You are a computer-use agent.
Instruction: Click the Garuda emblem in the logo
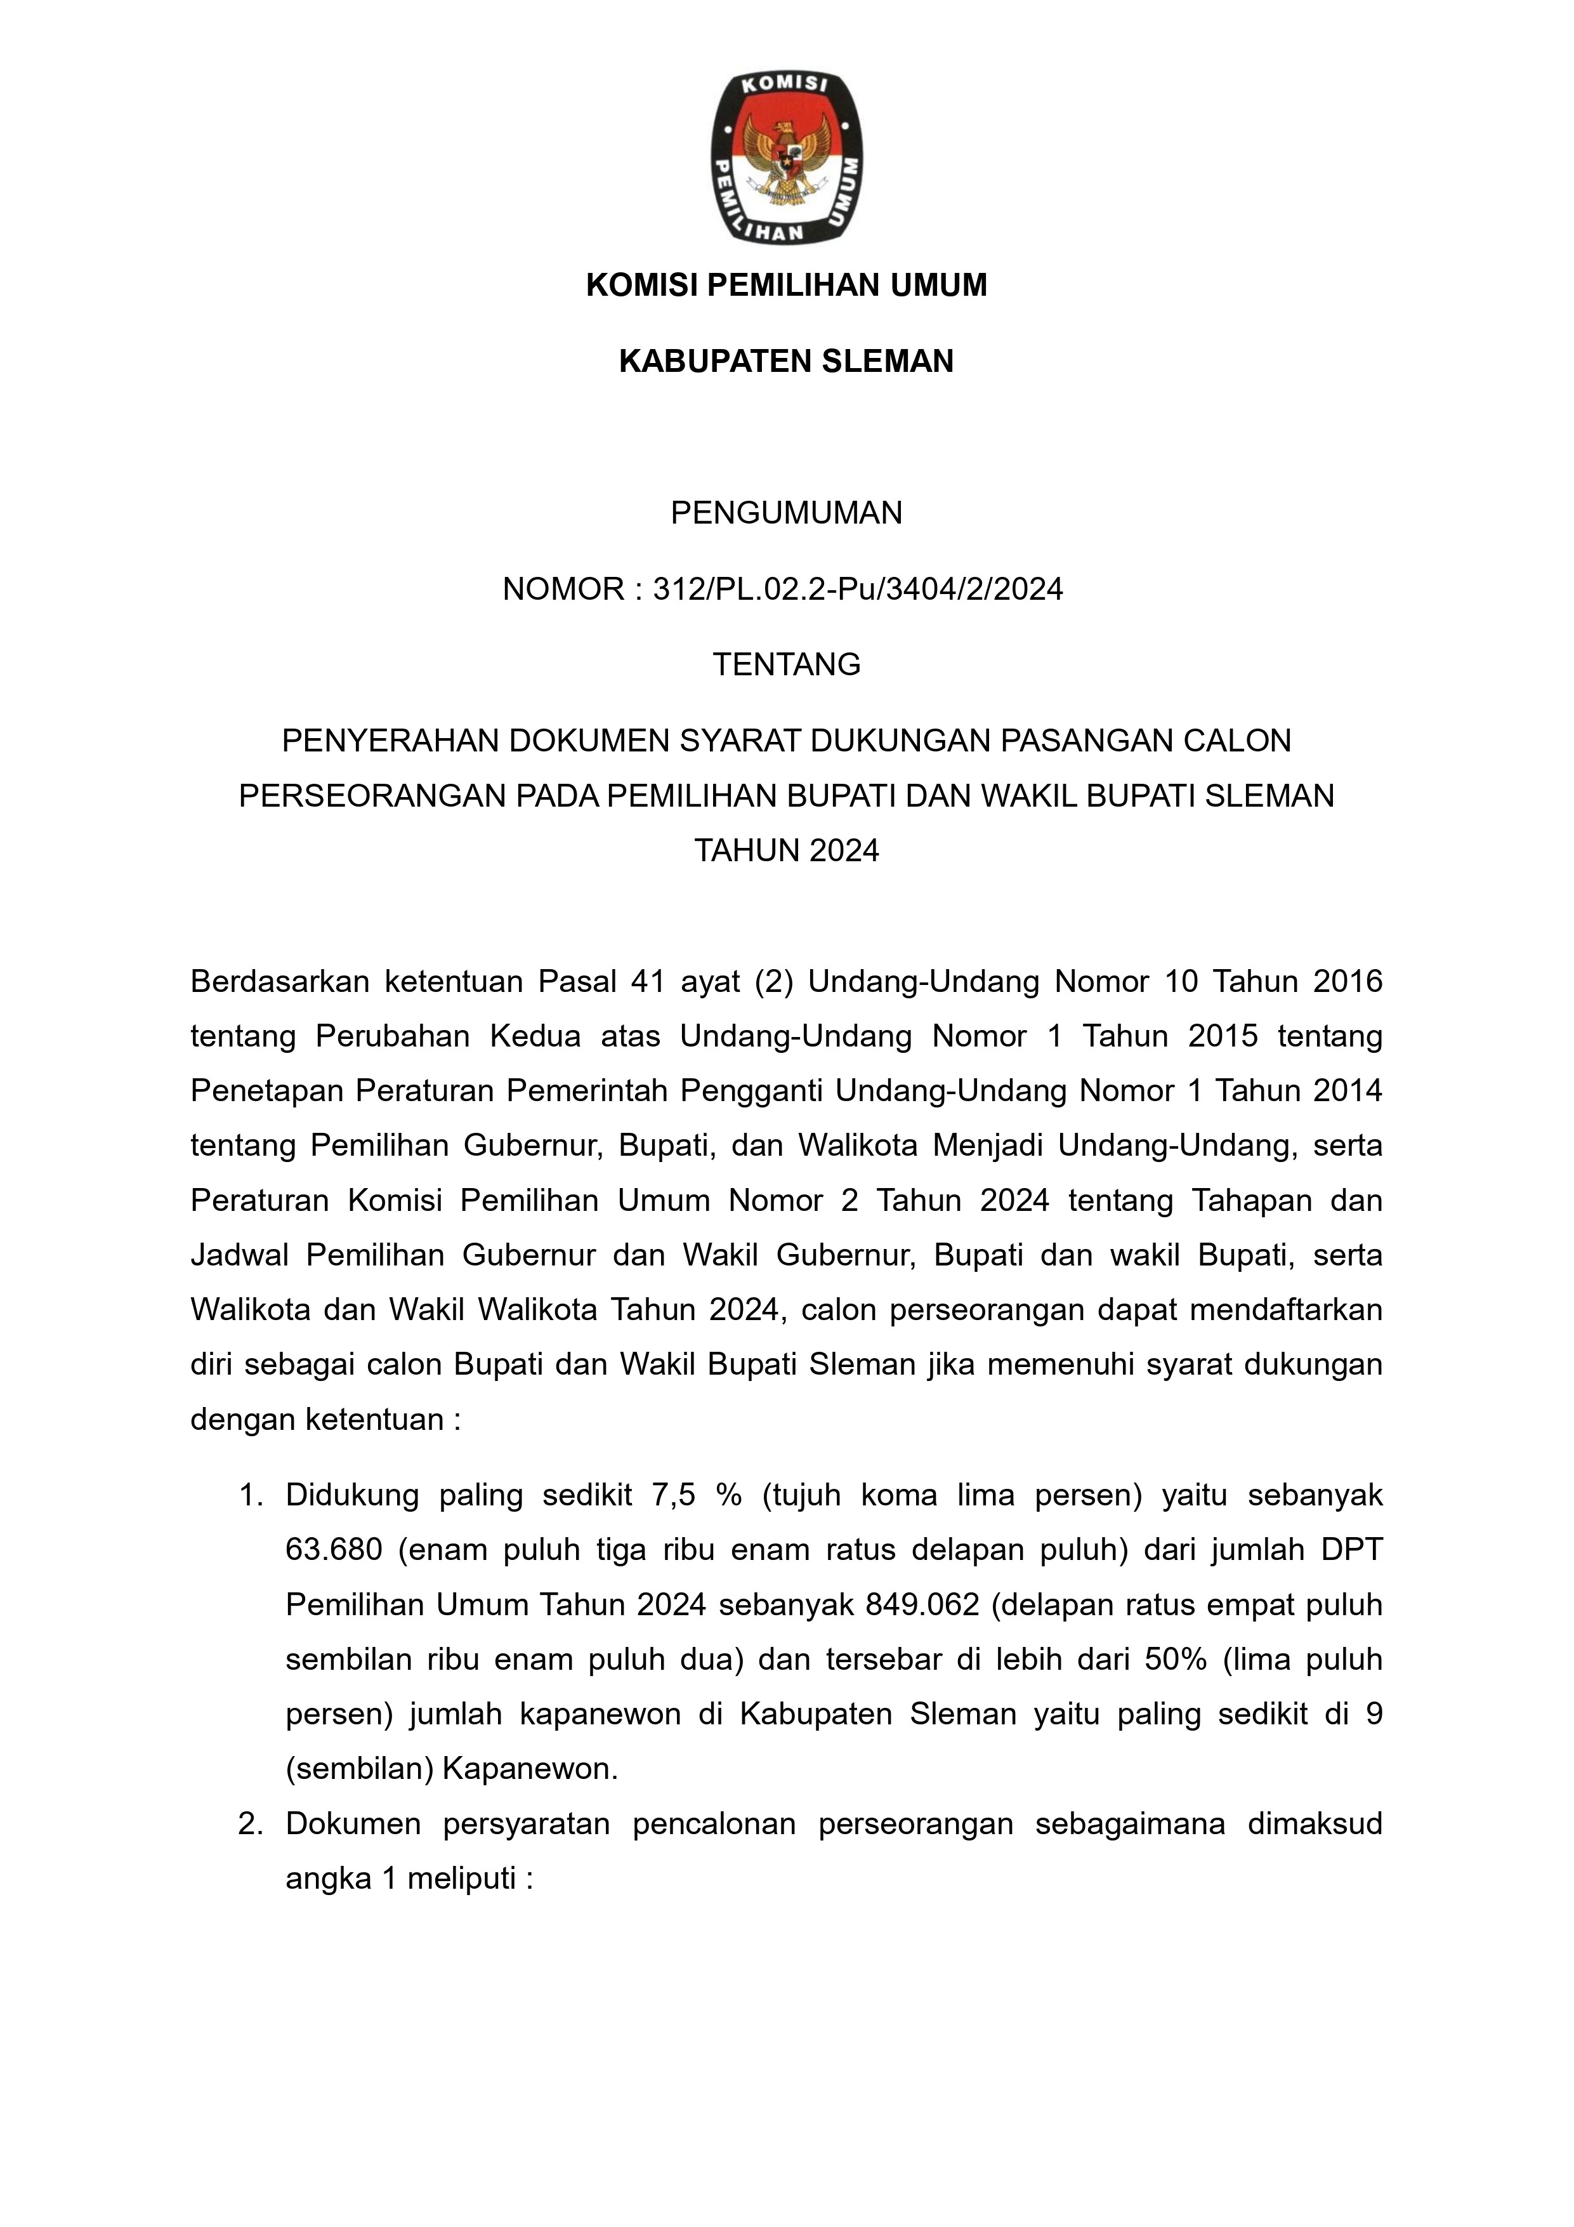click(x=787, y=159)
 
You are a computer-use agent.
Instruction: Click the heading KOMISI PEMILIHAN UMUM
click(x=787, y=285)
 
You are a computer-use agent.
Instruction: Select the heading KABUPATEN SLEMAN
click(x=787, y=361)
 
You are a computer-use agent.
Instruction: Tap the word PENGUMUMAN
click(x=787, y=512)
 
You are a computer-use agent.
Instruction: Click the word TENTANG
click(x=787, y=664)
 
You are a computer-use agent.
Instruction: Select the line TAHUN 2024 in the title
click(x=787, y=850)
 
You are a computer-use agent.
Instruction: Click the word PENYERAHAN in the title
click(x=391, y=741)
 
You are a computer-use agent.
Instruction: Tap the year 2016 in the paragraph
click(x=1347, y=982)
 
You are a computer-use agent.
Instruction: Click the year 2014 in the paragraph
click(x=1347, y=1091)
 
